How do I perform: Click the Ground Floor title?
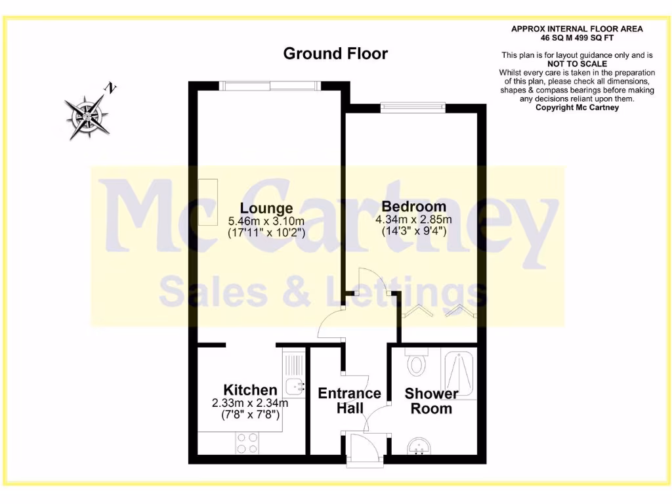pyautogui.click(x=335, y=54)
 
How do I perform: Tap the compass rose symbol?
pyautogui.click(x=87, y=116)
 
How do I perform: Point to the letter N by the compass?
pyautogui.click(x=112, y=87)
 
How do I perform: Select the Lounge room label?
pyautogui.click(x=266, y=209)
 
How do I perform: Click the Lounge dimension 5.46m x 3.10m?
pyautogui.click(x=266, y=221)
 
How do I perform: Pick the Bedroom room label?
pyautogui.click(x=413, y=206)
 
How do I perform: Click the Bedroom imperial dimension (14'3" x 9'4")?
pyautogui.click(x=413, y=230)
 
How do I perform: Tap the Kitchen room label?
pyautogui.click(x=250, y=390)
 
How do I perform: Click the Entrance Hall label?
pyautogui.click(x=349, y=400)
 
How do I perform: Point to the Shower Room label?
pyautogui.click(x=431, y=401)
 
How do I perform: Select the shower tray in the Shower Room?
pyautogui.click(x=460, y=375)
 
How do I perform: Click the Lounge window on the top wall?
pyautogui.click(x=270, y=83)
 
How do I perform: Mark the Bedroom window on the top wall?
pyautogui.click(x=413, y=105)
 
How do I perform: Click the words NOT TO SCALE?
pyautogui.click(x=577, y=64)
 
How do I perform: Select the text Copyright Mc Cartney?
pyautogui.click(x=577, y=108)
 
